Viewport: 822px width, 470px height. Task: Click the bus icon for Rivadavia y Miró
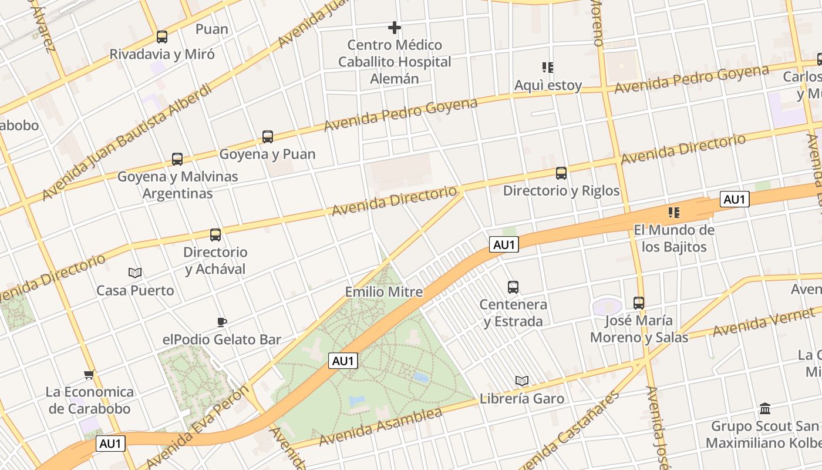161,37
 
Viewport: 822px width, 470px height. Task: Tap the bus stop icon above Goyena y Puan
268,137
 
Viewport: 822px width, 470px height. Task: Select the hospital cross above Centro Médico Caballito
395,28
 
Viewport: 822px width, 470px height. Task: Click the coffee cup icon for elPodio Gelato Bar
221,322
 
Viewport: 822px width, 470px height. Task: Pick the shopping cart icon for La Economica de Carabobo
89,374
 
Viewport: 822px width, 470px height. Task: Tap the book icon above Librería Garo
522,381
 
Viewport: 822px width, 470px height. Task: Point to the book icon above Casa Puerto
135,273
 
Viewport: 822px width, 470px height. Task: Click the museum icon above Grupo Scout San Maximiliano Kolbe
765,408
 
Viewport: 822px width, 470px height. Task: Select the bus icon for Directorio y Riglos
561,173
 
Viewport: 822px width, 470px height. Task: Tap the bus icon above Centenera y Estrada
513,287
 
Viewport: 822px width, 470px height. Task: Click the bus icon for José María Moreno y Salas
639,303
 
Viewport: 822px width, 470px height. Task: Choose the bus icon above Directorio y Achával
215,235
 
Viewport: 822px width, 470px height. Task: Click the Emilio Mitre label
383,292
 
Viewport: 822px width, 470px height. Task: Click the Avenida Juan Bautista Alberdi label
127,142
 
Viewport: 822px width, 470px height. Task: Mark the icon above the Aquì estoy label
548,68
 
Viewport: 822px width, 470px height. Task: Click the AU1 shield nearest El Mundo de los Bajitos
735,200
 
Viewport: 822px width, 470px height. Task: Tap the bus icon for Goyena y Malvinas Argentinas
177,159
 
